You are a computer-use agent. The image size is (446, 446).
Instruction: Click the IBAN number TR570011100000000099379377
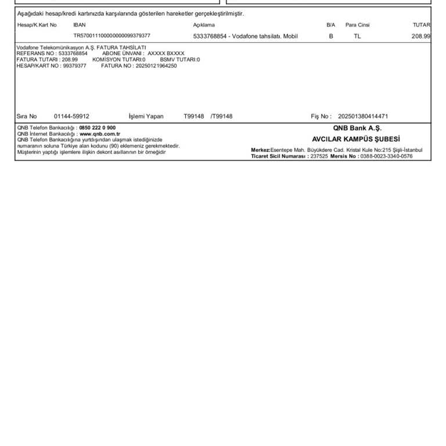[x=111, y=35]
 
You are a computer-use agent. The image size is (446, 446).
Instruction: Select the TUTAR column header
[x=421, y=25]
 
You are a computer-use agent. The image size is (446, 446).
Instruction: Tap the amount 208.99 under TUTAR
[x=421, y=36]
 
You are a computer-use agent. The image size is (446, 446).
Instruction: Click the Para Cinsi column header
[x=357, y=25]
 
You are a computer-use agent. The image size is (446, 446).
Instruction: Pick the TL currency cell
[x=357, y=36]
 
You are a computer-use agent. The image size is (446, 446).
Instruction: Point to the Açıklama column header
[x=204, y=25]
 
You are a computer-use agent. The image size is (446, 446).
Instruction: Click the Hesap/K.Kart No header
[x=37, y=25]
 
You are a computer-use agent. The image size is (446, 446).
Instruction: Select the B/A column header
[x=331, y=25]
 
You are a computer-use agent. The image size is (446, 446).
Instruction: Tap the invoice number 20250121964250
[x=156, y=66]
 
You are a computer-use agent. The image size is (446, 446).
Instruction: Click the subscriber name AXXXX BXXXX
[x=166, y=53]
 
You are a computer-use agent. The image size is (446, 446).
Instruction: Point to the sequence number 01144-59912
[x=71, y=116]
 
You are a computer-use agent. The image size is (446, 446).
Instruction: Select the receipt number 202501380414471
[x=363, y=116]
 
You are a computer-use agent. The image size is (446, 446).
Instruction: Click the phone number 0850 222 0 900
[x=97, y=128]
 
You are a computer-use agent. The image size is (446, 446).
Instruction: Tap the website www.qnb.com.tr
[x=95, y=134]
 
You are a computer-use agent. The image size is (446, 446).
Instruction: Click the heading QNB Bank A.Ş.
[x=357, y=128]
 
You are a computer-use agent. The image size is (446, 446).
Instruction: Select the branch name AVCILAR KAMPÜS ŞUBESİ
[x=356, y=139]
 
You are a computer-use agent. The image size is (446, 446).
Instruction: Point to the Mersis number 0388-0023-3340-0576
[x=386, y=156]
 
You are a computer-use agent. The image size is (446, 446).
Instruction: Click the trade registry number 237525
[x=319, y=156]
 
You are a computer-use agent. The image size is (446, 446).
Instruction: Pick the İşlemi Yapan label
[x=146, y=116]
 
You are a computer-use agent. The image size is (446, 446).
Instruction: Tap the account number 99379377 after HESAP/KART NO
[x=74, y=66]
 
